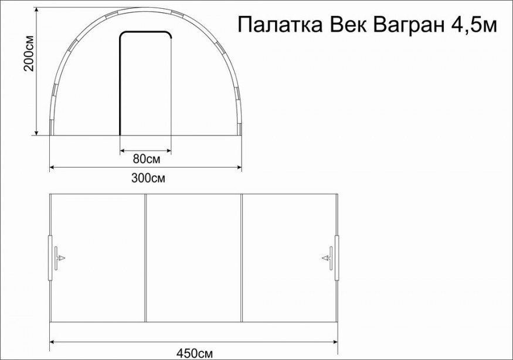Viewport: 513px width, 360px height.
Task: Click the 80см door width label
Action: [x=145, y=158]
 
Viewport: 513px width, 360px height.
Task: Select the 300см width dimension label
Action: [x=145, y=178]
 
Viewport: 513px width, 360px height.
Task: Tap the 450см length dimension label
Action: [x=193, y=353]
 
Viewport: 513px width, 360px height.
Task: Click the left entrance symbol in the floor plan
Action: [x=59, y=258]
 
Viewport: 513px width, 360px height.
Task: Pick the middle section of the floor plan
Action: [x=193, y=258]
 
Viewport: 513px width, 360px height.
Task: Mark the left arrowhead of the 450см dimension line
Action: [x=52, y=341]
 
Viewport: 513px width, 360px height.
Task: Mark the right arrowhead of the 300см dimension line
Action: [x=239, y=168]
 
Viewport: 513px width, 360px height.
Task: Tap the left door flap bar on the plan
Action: [x=49, y=258]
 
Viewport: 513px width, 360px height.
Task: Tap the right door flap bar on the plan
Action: [x=337, y=258]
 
